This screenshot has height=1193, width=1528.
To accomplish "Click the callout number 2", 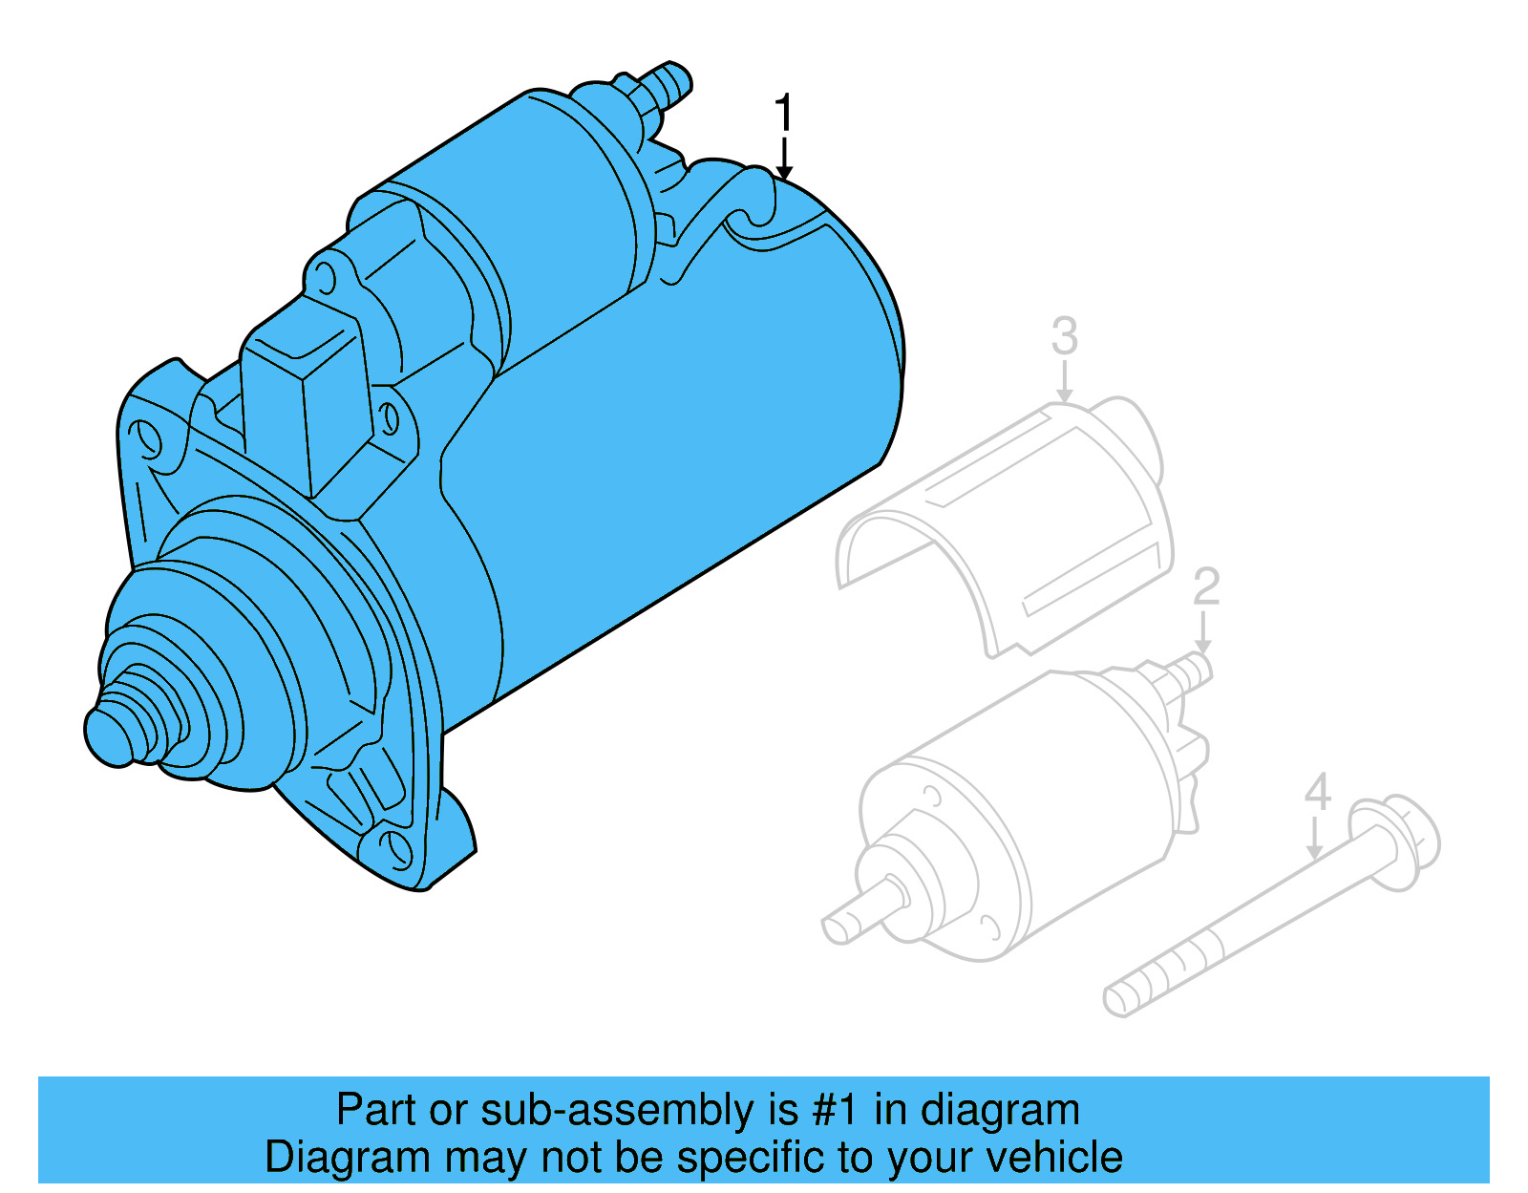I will click(x=1206, y=586).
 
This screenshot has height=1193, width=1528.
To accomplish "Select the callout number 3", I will click(x=1065, y=336).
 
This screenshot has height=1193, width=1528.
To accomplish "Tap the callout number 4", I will click(x=1318, y=793).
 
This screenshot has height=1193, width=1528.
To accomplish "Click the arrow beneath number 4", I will click(x=1316, y=841).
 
